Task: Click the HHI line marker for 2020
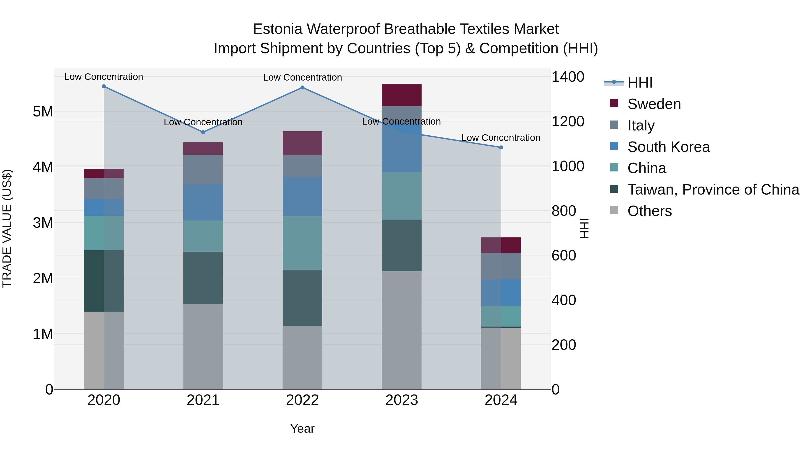(104, 86)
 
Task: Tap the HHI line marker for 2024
(501, 147)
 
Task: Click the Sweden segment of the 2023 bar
(401, 95)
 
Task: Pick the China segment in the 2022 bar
(302, 243)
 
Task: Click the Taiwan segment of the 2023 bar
(401, 245)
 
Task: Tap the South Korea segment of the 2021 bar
(203, 202)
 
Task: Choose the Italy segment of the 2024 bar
(501, 266)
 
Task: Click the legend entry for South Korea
(668, 147)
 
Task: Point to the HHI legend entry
(640, 83)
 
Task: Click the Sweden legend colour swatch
(614, 103)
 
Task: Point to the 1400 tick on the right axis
(568, 77)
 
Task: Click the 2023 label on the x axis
(401, 400)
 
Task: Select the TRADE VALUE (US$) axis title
(7, 228)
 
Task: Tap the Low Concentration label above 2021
(203, 122)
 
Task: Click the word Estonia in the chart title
(277, 29)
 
